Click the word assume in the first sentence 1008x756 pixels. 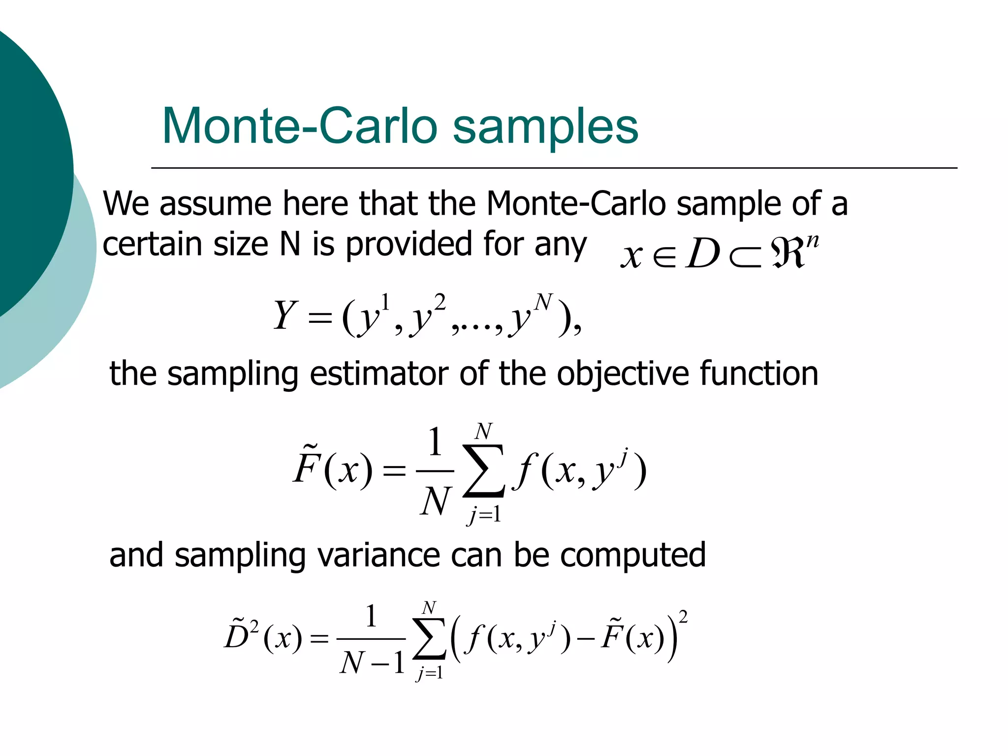tap(216, 204)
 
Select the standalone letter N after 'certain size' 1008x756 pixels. tap(290, 244)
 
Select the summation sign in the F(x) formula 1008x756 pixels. tap(483, 472)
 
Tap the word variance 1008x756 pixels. tap(379, 555)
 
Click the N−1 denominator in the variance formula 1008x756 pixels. tap(372, 662)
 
